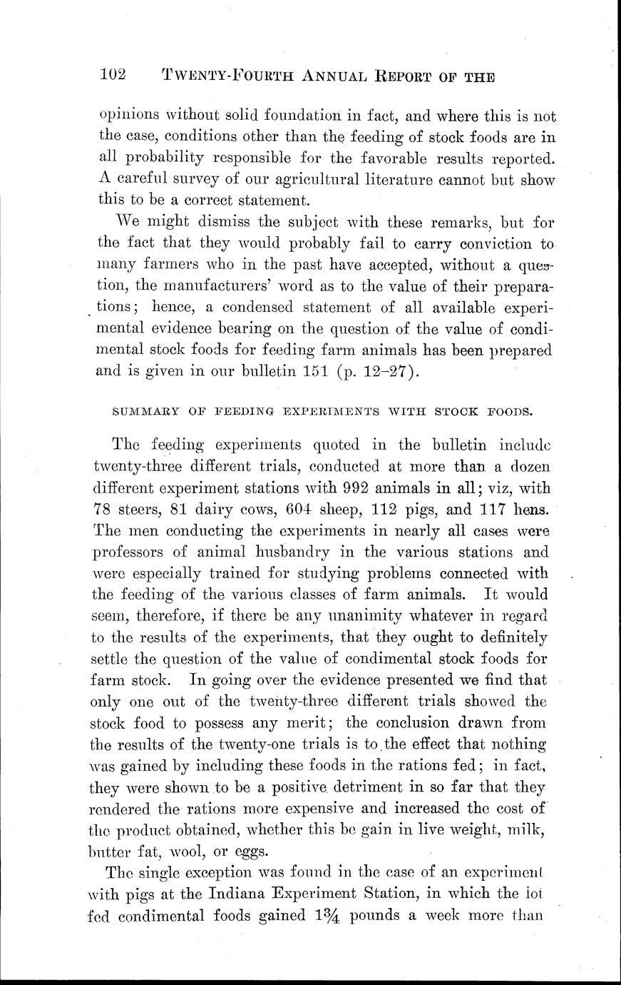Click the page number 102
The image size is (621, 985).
coord(113,74)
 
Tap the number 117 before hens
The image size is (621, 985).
coord(493,510)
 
